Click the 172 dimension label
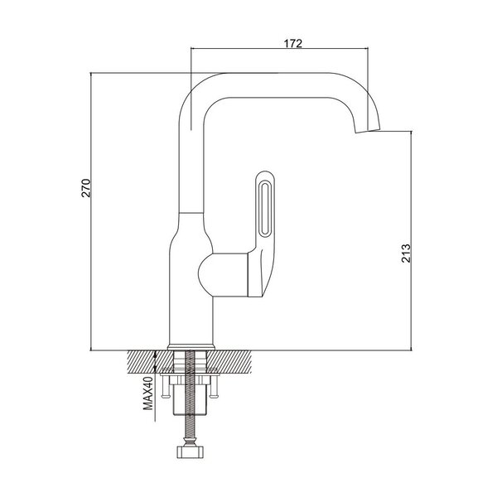(293, 43)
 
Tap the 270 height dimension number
(86, 188)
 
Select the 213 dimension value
(406, 253)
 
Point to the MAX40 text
(148, 393)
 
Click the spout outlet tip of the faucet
(368, 131)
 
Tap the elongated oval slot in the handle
(263, 209)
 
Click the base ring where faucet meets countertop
(191, 347)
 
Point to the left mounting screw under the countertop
(165, 386)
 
